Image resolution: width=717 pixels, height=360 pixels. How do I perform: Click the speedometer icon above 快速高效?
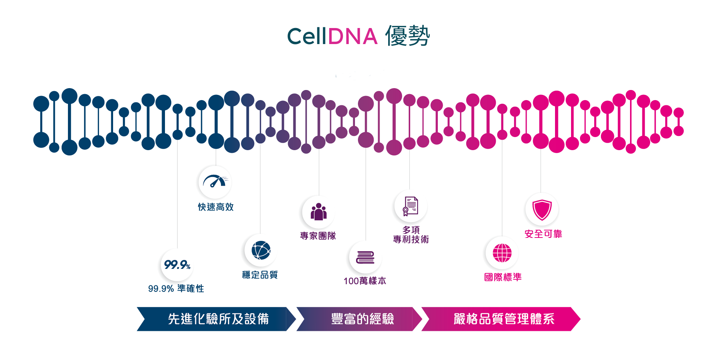[x=214, y=182]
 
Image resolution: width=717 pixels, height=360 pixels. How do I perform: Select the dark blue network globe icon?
[x=259, y=251]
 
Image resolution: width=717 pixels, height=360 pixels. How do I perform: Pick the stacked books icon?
[x=364, y=258]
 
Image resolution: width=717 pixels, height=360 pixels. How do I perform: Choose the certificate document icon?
[x=410, y=207]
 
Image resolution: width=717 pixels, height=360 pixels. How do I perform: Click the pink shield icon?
[x=542, y=210]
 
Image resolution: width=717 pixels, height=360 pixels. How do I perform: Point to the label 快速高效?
[x=216, y=207]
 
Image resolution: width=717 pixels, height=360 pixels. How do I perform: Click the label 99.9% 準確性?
[x=176, y=289]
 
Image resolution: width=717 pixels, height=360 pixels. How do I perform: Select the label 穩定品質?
[x=260, y=275]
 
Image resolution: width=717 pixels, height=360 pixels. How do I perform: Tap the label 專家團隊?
[x=318, y=236]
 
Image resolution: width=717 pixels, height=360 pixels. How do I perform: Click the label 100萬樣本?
[x=365, y=281]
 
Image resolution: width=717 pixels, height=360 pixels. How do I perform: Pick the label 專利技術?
[x=411, y=239]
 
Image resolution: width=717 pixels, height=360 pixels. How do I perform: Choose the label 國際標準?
[x=503, y=277]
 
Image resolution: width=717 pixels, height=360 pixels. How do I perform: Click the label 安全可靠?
[x=543, y=234]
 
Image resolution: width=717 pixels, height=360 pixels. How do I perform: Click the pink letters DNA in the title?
[x=353, y=37]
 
